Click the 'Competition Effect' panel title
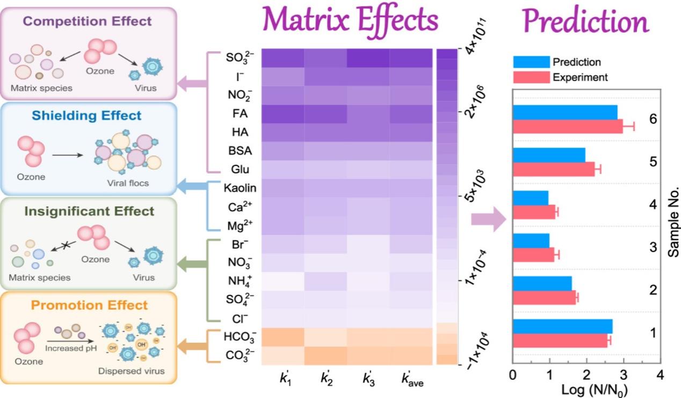point(88,21)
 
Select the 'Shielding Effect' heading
point(86,115)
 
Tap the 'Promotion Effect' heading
point(89,305)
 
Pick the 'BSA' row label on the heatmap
point(240,151)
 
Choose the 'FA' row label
point(240,114)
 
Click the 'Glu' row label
point(240,170)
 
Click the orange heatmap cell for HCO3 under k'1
point(283,337)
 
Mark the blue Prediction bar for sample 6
point(565,112)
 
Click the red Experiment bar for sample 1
point(560,341)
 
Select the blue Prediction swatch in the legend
point(531,62)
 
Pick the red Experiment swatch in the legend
point(531,77)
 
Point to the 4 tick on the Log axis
point(660,374)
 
